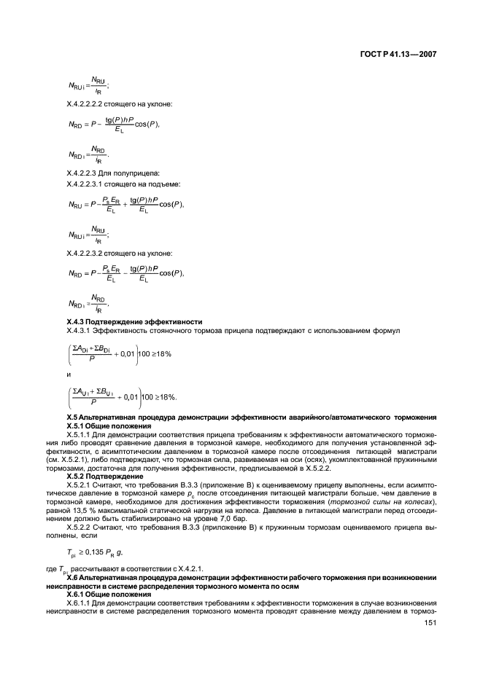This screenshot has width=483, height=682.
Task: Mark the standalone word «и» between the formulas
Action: (x=68, y=377)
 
